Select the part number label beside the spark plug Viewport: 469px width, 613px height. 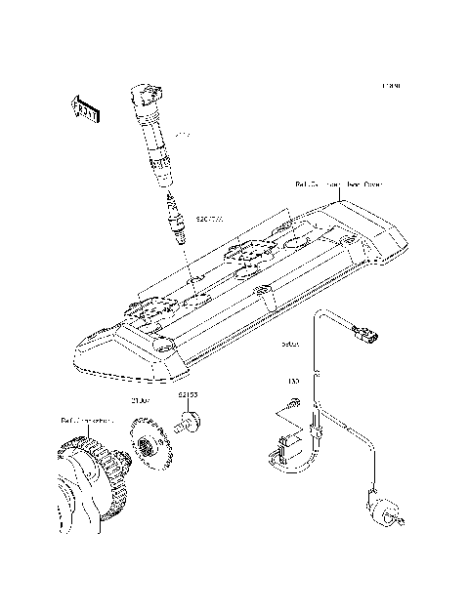[210, 221]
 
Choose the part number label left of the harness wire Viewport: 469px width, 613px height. [290, 345]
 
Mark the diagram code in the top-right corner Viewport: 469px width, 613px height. [393, 87]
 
